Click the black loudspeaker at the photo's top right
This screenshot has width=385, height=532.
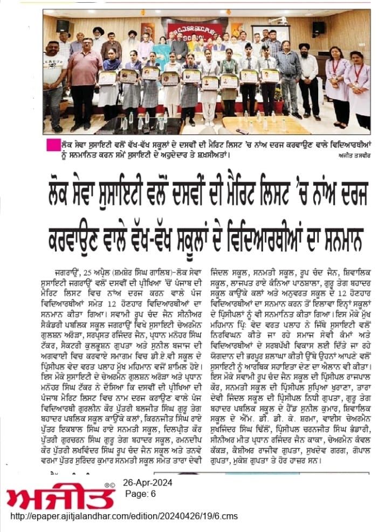[x=318, y=28]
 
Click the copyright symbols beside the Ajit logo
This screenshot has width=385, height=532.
[x=108, y=485]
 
